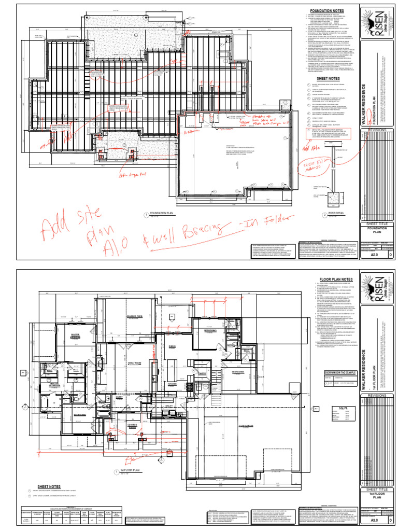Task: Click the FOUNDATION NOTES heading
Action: pos(327,10)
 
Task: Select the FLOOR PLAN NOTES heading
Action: pos(327,279)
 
